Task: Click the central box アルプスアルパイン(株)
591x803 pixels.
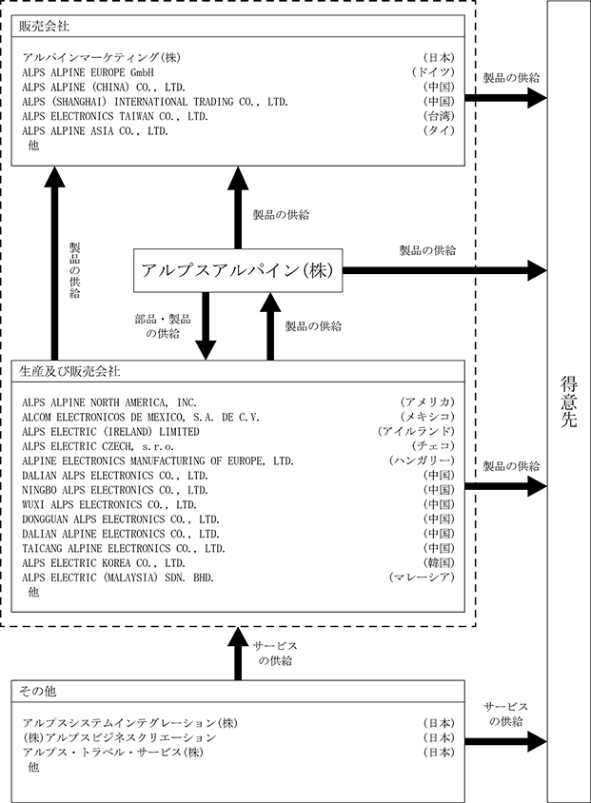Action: tap(238, 270)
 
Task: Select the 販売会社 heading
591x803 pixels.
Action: tap(44, 26)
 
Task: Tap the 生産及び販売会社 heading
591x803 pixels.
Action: tap(69, 371)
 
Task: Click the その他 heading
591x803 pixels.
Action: tap(37, 692)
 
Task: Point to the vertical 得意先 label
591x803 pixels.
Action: tap(568, 401)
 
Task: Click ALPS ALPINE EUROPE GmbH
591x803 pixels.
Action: tap(88, 72)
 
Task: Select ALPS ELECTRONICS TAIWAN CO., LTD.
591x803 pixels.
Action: tap(115, 116)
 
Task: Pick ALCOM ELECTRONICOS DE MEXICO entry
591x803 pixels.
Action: tap(141, 417)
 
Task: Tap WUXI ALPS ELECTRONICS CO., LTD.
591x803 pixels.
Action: tap(109, 504)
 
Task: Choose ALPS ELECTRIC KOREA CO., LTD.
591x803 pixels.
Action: tap(104, 563)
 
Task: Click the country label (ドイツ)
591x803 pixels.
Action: tap(433, 72)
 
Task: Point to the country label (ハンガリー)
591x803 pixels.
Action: tap(422, 460)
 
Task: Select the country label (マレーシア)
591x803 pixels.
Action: tap(422, 578)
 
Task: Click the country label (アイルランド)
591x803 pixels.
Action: tap(416, 431)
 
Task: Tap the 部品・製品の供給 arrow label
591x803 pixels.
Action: tap(163, 326)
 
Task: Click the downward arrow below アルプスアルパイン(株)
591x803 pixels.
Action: tap(206, 326)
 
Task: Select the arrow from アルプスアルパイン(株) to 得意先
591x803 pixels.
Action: tap(445, 270)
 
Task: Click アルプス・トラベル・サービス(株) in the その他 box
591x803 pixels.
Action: tap(112, 753)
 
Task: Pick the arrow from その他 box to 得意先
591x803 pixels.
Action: tap(506, 741)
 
